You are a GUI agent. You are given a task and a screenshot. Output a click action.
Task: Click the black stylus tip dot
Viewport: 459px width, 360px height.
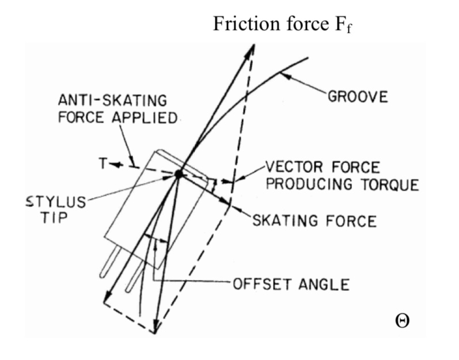(179, 174)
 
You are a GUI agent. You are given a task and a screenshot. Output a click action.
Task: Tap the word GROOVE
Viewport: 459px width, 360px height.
(358, 97)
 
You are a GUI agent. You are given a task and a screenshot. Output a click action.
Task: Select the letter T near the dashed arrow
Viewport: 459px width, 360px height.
(103, 164)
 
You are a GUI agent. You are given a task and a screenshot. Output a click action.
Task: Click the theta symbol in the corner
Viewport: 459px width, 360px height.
(402, 321)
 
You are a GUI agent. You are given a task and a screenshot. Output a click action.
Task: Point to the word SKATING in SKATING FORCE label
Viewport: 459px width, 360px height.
(283, 221)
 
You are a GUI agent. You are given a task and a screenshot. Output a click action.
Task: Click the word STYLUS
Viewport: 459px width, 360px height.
(56, 202)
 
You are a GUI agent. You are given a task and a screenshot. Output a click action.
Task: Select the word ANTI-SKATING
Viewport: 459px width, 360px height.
(112, 100)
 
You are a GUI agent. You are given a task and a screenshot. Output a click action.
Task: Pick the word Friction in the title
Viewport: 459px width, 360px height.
(246, 24)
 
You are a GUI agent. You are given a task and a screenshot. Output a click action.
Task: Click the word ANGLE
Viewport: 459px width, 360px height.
(324, 284)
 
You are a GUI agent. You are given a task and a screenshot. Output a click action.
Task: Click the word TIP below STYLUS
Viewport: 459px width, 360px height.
(55, 217)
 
